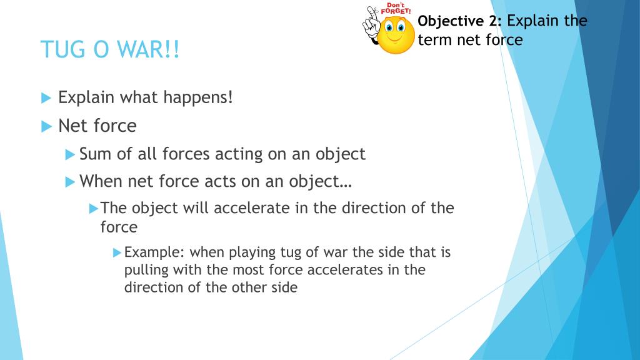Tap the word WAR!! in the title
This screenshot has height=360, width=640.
(148, 49)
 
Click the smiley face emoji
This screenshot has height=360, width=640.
(395, 35)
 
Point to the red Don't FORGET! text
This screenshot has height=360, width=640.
(396, 9)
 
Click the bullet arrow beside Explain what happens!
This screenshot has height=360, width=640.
(46, 98)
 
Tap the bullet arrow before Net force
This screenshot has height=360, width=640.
(46, 126)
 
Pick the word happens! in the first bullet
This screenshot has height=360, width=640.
(198, 97)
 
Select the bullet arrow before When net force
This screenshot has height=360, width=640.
(70, 182)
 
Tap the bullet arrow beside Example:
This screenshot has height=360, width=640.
(117, 252)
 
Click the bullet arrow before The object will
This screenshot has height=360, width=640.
(94, 209)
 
